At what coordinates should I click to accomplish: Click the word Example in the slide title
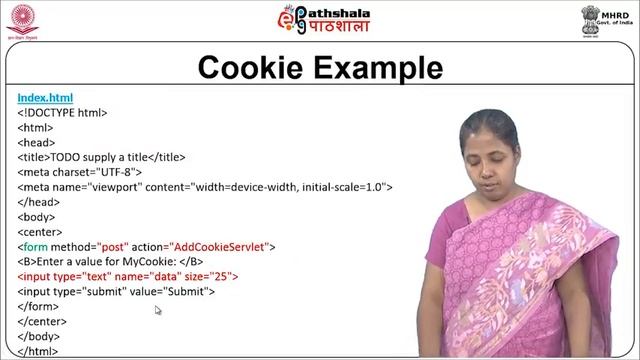pyautogui.click(x=378, y=68)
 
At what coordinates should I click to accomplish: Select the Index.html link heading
pyautogui.click(x=45, y=98)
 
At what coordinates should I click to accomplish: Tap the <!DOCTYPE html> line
pyautogui.click(x=62, y=113)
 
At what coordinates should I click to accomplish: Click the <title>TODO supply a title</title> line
pyautogui.click(x=101, y=157)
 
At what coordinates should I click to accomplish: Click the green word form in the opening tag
pyautogui.click(x=35, y=246)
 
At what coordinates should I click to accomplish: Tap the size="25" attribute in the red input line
pyautogui.click(x=215, y=276)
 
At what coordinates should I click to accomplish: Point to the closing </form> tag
pyautogui.click(x=38, y=306)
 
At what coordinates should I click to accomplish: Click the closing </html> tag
pyautogui.click(x=38, y=351)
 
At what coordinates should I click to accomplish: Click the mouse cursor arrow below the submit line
pyautogui.click(x=158, y=310)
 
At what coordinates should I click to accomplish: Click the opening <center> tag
pyautogui.click(x=41, y=231)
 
